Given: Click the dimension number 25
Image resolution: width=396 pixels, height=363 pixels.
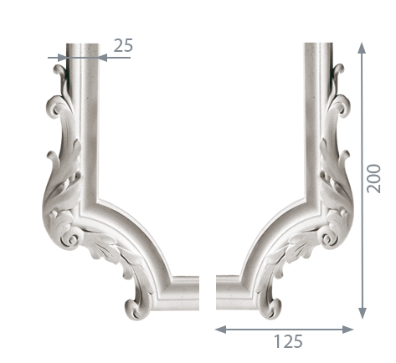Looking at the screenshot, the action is click(123, 46).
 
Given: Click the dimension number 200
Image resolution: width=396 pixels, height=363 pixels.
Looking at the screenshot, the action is click(373, 179).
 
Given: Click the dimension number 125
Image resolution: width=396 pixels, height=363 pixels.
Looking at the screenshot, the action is click(288, 341).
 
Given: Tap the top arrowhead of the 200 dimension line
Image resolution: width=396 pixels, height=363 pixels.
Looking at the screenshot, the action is click(362, 48).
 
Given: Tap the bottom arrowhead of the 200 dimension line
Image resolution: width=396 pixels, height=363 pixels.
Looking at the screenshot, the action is click(362, 313).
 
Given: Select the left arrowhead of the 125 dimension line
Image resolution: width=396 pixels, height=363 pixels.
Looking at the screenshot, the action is click(220, 330).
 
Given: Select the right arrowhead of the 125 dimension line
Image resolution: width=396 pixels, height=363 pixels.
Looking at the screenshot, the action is click(347, 330).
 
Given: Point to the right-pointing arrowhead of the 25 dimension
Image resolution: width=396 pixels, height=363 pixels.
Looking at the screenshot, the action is click(62, 58).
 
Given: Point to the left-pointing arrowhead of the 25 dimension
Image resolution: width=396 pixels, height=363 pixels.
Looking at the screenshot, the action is click(103, 58).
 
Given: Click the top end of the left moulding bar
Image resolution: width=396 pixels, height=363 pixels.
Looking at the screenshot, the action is click(82, 44).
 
